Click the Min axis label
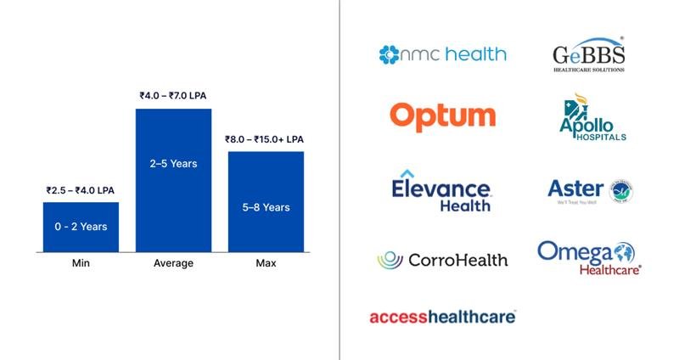coord(81,263)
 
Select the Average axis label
coord(173,263)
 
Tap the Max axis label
coord(266,263)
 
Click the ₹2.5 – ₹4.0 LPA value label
coord(81,191)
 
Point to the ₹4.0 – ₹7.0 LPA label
coord(174,97)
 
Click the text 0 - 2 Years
coord(81,227)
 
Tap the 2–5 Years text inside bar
coord(173,163)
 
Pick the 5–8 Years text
coord(266,207)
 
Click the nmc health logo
coord(442,55)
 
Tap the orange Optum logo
coord(442,115)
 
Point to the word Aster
coord(575,188)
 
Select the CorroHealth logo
coord(442,260)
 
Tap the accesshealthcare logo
coord(442,317)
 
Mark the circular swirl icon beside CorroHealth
coord(390,260)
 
